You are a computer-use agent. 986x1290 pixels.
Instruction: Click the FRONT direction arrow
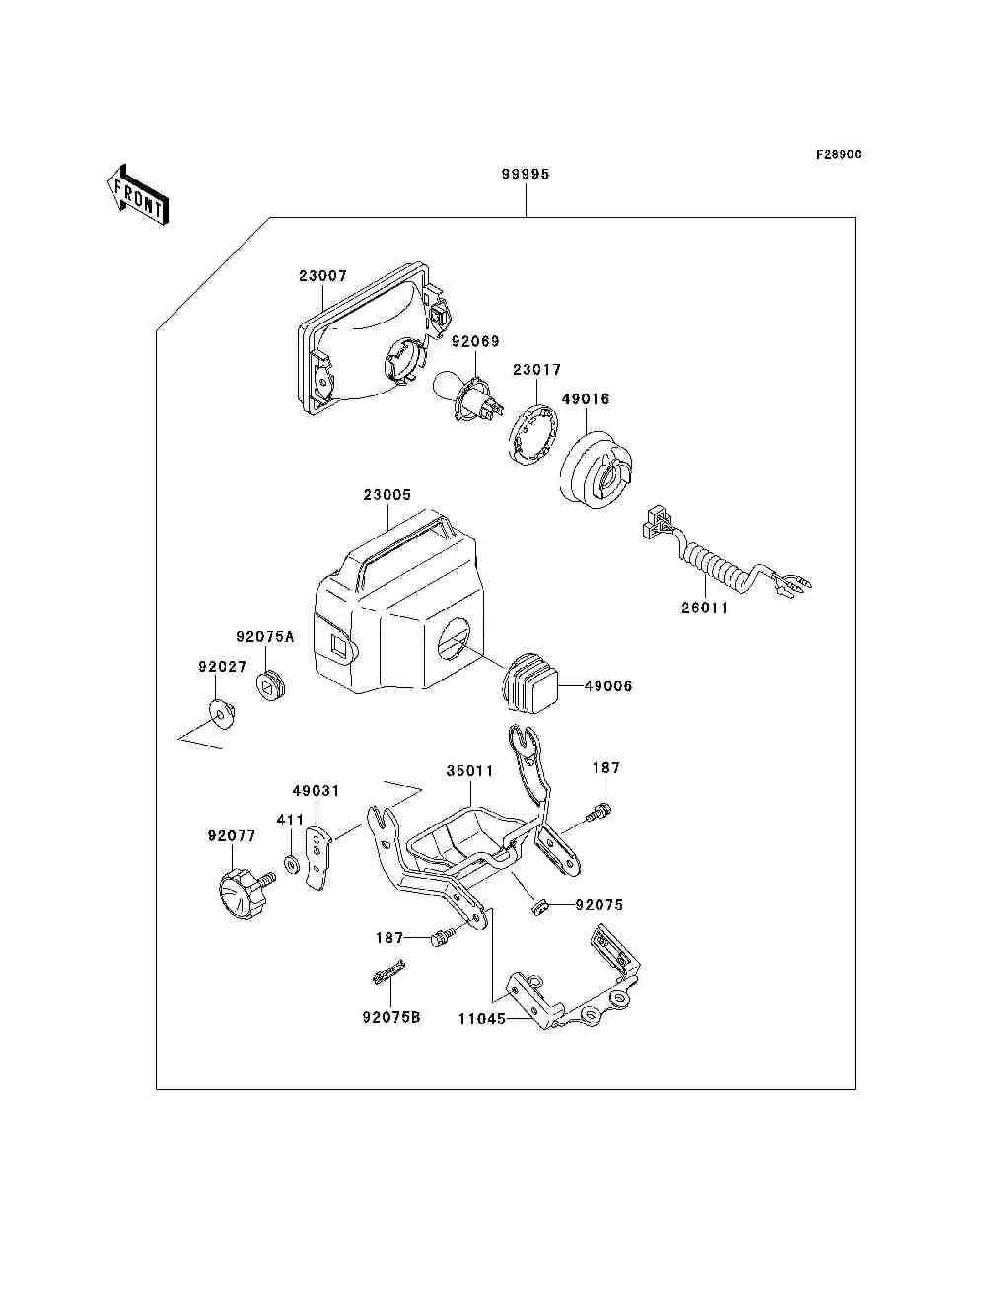click(x=137, y=194)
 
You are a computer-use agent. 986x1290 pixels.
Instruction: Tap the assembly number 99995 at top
click(x=526, y=175)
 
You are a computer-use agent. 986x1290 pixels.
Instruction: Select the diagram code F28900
click(x=838, y=154)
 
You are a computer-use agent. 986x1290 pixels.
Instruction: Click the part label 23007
click(x=322, y=275)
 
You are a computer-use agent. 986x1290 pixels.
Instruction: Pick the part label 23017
click(x=537, y=370)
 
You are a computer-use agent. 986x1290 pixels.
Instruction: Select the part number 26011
click(x=705, y=609)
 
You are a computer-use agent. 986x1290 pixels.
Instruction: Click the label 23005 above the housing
click(x=387, y=495)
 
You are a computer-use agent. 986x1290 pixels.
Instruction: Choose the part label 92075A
click(x=265, y=636)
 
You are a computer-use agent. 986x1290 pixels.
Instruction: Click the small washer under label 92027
click(x=223, y=713)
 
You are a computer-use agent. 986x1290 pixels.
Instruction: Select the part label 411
click(x=290, y=820)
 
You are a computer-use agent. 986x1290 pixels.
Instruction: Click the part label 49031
click(x=317, y=791)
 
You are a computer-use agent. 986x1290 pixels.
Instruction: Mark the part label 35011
click(x=470, y=770)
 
